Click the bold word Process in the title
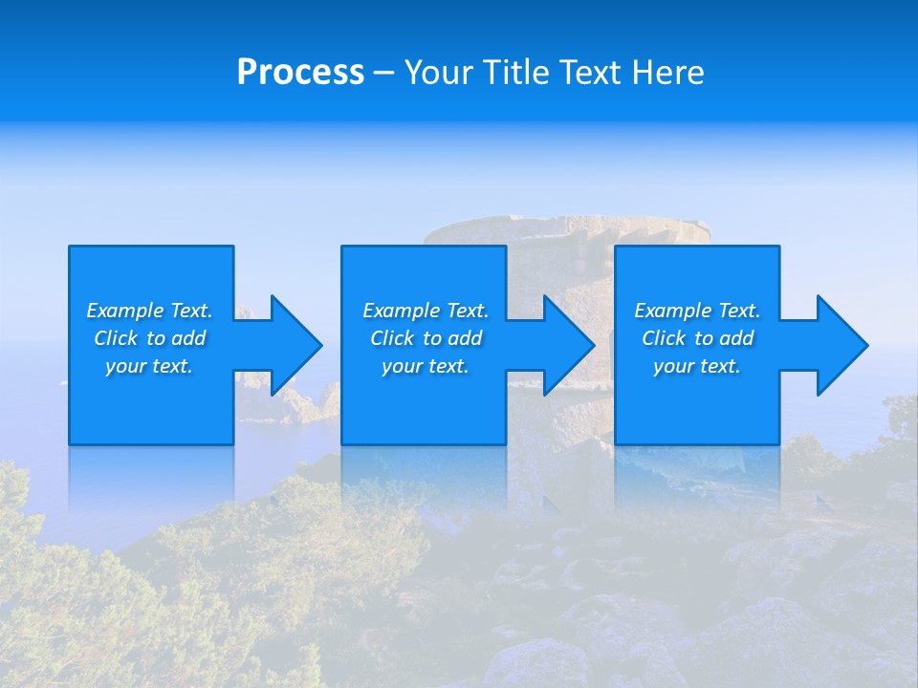[x=300, y=73]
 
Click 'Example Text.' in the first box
[x=149, y=311]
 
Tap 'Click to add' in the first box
[x=149, y=338]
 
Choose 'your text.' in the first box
[x=149, y=366]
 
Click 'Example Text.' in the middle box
[x=425, y=311]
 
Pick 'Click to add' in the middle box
[x=425, y=338]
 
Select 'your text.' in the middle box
[x=425, y=366]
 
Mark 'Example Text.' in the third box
[x=697, y=311]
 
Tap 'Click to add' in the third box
[x=697, y=338]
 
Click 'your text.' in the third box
[x=697, y=366]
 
